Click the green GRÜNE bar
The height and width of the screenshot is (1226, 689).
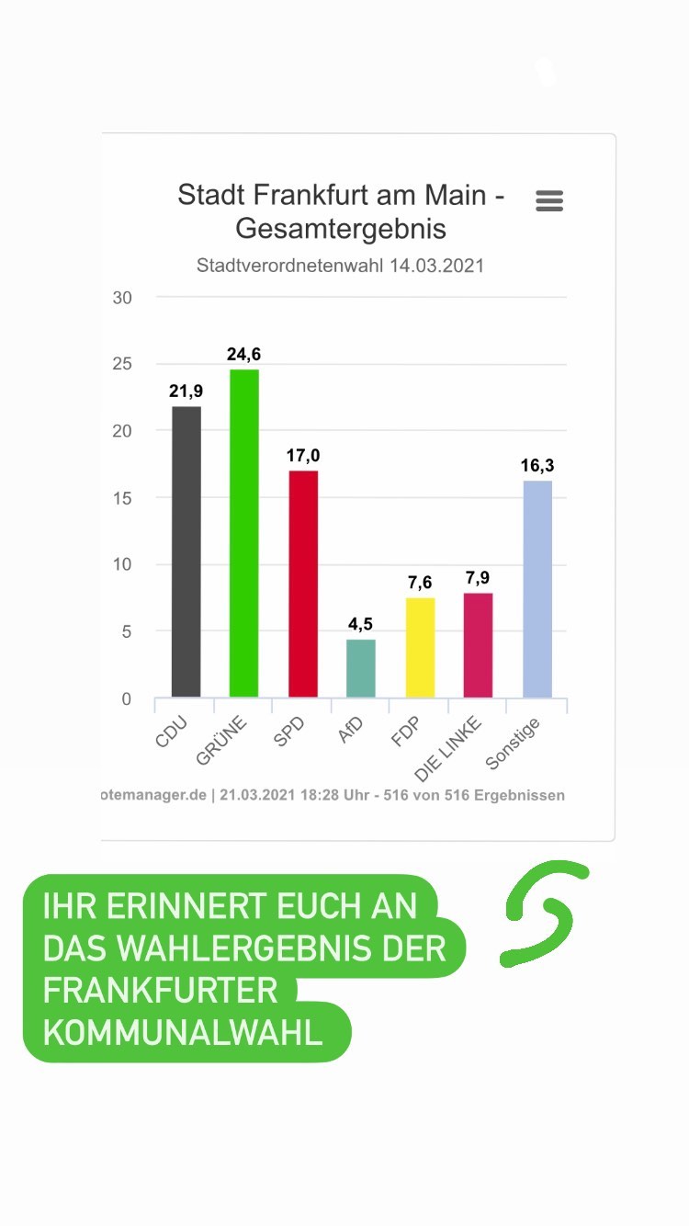(243, 533)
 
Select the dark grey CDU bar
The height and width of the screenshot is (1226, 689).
(186, 551)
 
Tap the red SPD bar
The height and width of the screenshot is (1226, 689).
(303, 584)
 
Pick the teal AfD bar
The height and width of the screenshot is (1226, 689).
(361, 668)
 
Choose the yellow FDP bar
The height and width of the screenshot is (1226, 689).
(420, 647)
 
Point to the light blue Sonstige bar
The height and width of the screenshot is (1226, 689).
(537, 588)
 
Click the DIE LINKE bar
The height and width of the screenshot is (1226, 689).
(479, 645)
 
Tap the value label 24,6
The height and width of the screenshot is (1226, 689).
(243, 354)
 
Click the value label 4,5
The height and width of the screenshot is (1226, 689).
(361, 624)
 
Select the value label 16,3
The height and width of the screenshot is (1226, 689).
(537, 465)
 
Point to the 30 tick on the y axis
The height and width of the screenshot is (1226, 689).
(122, 298)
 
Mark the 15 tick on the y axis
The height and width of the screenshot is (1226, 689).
(122, 498)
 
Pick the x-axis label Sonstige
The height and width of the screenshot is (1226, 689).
(513, 744)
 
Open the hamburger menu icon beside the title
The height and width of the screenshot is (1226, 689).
(549, 201)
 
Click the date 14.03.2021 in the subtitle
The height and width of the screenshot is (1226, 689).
(436, 266)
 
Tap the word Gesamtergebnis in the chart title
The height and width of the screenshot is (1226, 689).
(341, 228)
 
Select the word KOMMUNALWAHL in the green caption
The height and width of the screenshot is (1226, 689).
(183, 1032)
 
